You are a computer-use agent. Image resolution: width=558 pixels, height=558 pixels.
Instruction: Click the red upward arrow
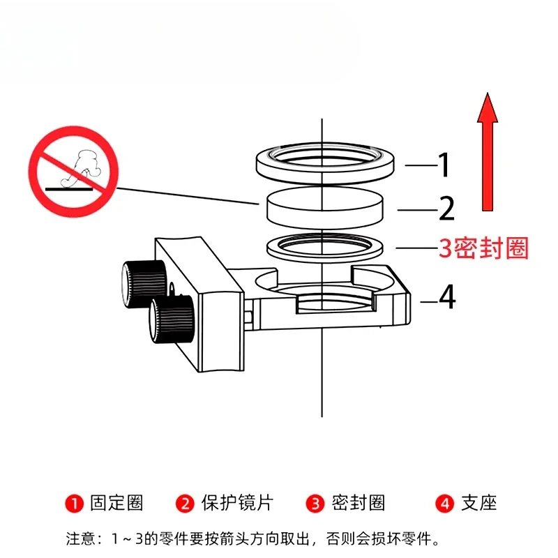point(487,153)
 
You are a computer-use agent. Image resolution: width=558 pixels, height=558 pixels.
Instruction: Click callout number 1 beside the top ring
point(444,165)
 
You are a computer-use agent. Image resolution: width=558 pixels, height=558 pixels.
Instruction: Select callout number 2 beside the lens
point(447,208)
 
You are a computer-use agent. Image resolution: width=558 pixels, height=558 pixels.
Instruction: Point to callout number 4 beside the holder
point(447,296)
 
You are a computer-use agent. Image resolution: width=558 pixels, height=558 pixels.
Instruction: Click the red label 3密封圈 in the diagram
point(483,248)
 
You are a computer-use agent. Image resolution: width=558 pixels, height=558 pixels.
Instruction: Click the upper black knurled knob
point(144,284)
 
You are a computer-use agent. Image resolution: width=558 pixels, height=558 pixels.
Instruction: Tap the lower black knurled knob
point(172,319)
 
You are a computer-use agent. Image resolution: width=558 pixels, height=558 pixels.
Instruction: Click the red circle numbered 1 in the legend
point(75,504)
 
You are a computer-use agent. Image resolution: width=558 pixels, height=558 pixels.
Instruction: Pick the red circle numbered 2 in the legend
point(185,504)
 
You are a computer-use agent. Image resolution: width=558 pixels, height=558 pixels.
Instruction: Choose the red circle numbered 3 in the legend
point(315,504)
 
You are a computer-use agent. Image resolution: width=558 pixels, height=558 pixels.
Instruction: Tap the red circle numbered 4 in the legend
point(445,504)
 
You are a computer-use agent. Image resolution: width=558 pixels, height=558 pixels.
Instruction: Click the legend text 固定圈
point(116,503)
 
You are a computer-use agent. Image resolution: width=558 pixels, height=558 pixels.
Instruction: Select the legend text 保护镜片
point(237,503)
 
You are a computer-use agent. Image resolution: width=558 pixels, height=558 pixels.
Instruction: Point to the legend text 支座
point(479,503)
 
